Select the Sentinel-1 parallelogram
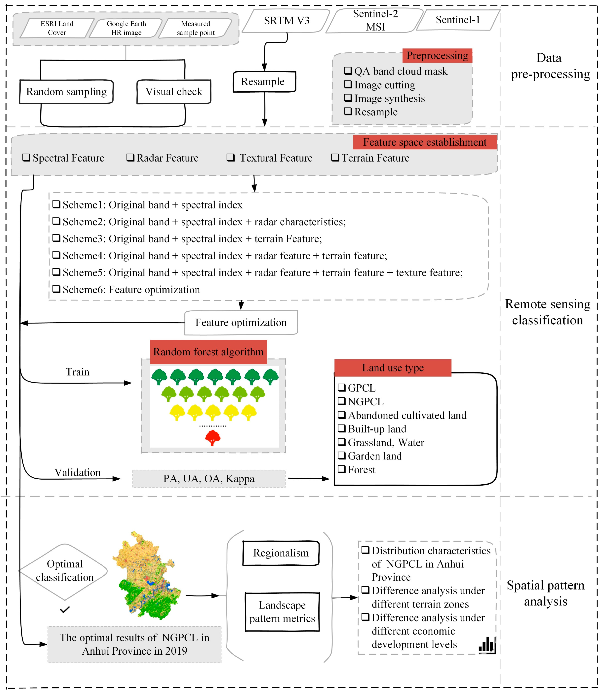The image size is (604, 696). tap(457, 20)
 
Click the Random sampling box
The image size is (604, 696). tap(66, 92)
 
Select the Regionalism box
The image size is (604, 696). tap(281, 553)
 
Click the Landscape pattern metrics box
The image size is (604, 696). tap(282, 612)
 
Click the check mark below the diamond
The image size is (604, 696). tap(64, 609)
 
